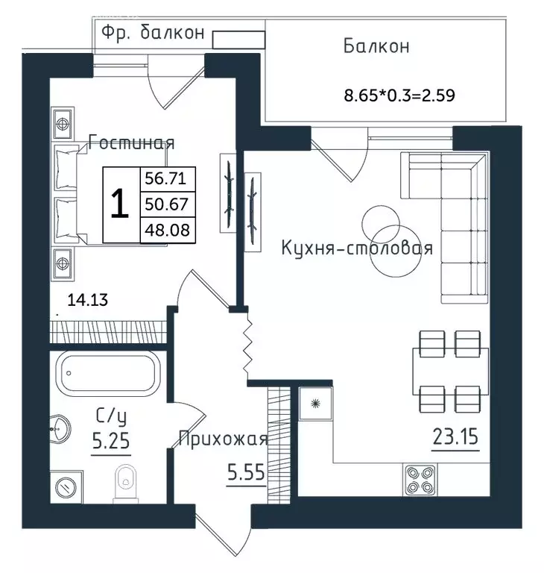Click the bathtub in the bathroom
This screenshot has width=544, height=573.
point(109,374)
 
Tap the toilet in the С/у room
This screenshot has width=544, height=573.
point(126,483)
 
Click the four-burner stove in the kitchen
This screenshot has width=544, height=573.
point(420,480)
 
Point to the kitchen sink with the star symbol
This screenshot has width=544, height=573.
point(315,404)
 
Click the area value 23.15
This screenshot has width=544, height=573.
point(455,437)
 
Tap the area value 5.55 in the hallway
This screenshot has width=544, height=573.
point(246,472)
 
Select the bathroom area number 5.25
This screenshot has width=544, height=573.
point(110,440)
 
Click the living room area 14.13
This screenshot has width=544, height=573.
point(88,300)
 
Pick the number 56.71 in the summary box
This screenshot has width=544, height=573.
point(165,178)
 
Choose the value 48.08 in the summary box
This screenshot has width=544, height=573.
point(167,231)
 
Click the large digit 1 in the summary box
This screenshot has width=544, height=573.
point(120,204)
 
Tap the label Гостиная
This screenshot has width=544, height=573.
point(131,143)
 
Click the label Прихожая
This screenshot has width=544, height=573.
point(224,438)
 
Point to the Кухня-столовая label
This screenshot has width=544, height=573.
point(357,248)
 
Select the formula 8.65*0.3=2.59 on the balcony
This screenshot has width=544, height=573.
point(399,95)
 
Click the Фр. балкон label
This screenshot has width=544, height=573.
point(153,33)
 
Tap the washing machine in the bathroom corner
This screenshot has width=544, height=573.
point(66,487)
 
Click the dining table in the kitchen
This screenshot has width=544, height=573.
point(451,372)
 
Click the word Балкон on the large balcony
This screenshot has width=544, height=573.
point(376,46)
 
